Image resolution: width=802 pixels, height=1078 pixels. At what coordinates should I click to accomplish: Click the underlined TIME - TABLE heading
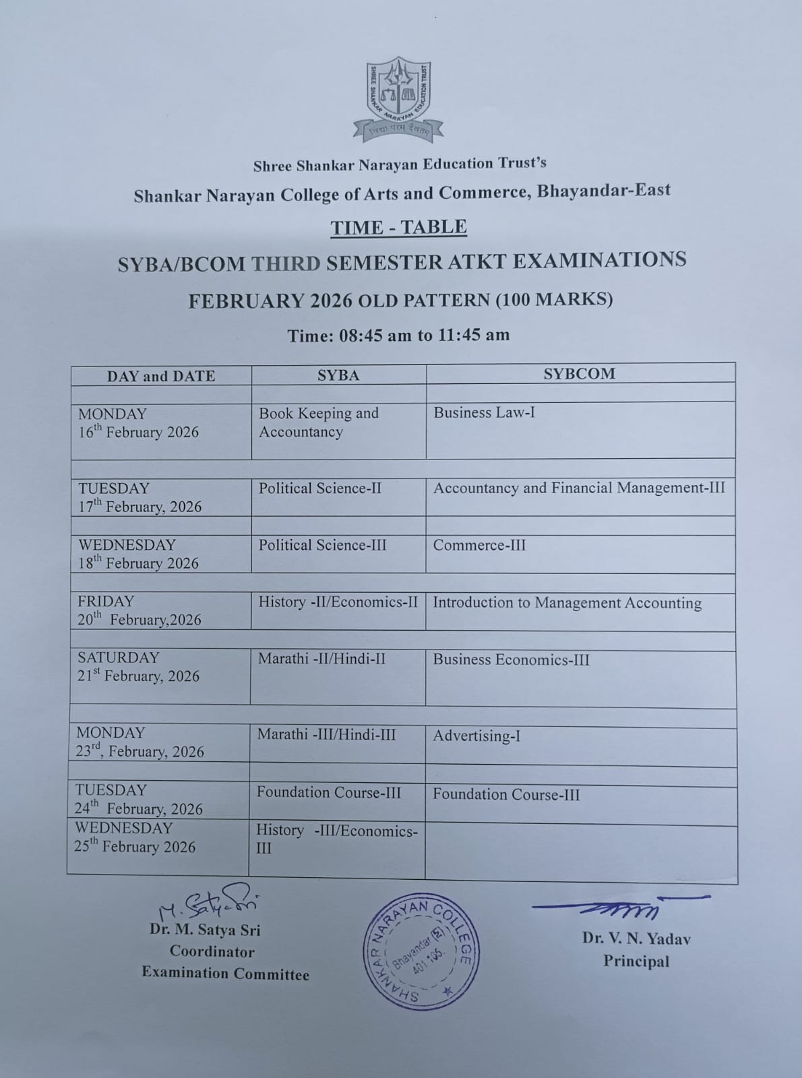tap(398, 227)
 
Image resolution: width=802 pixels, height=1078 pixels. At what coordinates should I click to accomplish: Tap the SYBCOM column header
tap(580, 374)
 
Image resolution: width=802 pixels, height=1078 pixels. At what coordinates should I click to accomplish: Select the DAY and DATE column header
tap(161, 376)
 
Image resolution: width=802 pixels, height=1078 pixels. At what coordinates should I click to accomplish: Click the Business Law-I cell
tap(484, 412)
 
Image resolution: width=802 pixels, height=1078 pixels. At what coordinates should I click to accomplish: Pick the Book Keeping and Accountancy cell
tap(319, 422)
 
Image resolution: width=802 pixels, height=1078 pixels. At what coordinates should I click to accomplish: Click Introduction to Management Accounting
tap(567, 602)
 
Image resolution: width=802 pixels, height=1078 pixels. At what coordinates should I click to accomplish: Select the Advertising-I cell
tap(476, 736)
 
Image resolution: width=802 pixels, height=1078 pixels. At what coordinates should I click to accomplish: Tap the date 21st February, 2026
tap(138, 676)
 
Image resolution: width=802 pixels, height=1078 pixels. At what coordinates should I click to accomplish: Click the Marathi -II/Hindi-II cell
tap(321, 658)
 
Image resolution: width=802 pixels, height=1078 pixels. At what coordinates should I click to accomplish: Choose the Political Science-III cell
tap(322, 544)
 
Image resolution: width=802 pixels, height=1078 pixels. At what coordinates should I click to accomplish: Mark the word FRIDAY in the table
tap(106, 601)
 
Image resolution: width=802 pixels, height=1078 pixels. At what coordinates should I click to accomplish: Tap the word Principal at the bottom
tap(636, 961)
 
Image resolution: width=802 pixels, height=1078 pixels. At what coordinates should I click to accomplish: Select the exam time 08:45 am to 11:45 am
tap(398, 335)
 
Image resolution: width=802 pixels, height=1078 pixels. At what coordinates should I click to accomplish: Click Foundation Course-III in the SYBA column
tap(328, 792)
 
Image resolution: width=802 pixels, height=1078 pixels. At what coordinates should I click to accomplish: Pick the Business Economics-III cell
tap(511, 660)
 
